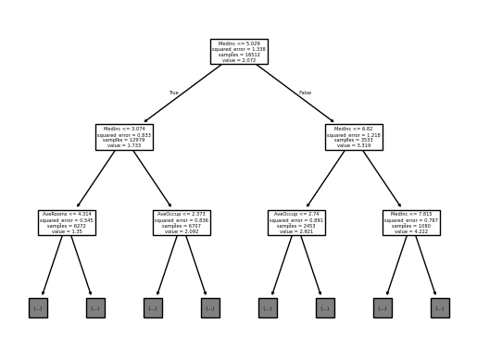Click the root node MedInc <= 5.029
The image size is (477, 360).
[x=238, y=51]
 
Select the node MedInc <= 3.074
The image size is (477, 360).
[x=124, y=137]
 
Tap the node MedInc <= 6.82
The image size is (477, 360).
[x=354, y=137]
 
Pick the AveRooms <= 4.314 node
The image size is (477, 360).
[x=67, y=222]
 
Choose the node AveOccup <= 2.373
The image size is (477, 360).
[x=182, y=222]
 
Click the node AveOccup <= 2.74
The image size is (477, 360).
[x=296, y=222]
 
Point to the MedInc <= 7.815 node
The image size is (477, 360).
[x=411, y=222]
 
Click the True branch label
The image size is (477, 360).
[x=173, y=93]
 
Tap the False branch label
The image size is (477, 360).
[x=305, y=93]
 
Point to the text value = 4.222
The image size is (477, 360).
[x=411, y=231]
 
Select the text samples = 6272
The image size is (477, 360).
[x=67, y=226]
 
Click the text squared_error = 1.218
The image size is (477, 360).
[x=354, y=134]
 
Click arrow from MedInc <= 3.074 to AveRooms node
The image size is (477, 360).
[x=95, y=180]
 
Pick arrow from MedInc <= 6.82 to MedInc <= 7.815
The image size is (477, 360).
[x=383, y=180]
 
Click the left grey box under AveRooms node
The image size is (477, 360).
[x=38, y=307]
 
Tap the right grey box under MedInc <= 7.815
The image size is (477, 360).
[x=440, y=307]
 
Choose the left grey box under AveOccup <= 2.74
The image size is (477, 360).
[x=268, y=307]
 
